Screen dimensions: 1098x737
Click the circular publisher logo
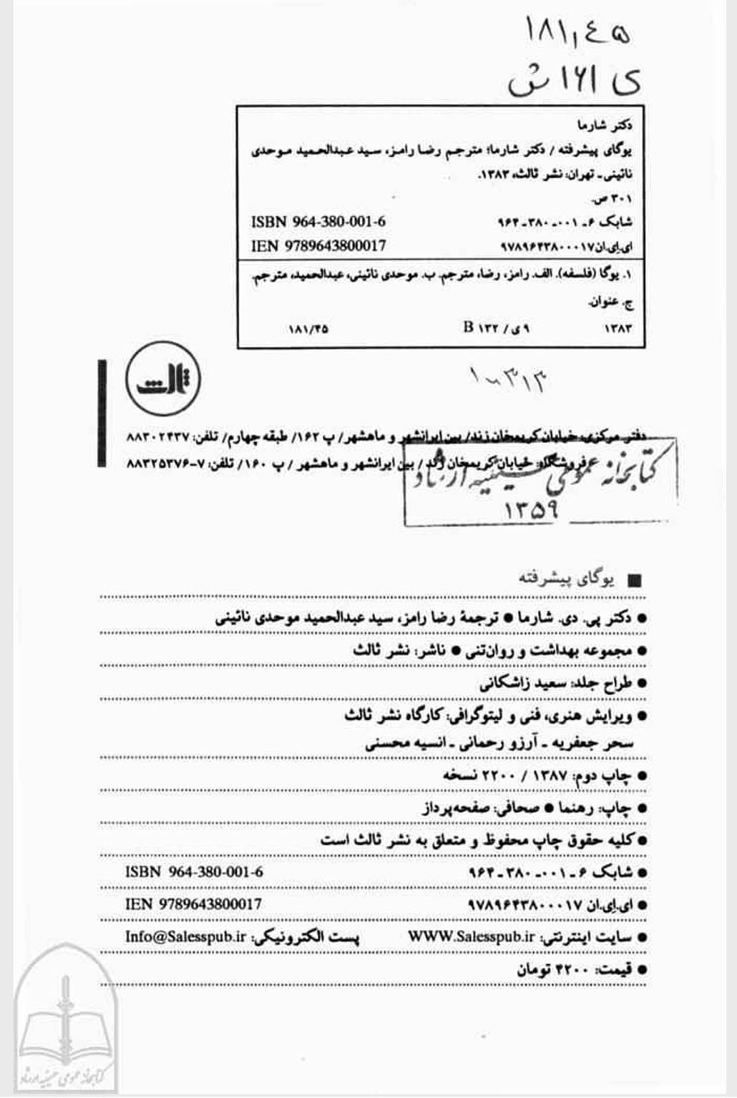[x=163, y=380]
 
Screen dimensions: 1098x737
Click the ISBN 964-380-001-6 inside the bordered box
[x=318, y=222]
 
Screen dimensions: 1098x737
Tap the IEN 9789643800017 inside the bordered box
[x=318, y=246]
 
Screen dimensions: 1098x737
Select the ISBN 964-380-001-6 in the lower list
[x=194, y=872]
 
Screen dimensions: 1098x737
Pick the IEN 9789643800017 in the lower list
[x=193, y=904]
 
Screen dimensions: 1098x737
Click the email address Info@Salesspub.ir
[x=185, y=936]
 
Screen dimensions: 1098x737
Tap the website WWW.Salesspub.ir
[x=472, y=936]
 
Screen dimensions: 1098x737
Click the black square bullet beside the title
[x=633, y=580]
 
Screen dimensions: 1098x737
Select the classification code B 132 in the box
[x=497, y=328]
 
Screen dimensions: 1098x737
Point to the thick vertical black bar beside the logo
[x=103, y=413]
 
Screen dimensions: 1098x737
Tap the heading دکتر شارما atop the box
[x=608, y=125]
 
